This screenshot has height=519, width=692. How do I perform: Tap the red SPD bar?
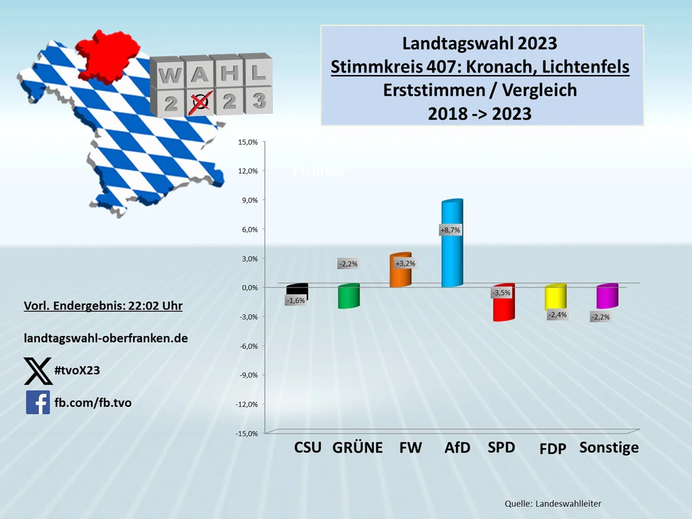[x=503, y=307]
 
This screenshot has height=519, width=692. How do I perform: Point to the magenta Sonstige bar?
[x=607, y=297]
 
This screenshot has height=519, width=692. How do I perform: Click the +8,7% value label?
[x=450, y=230]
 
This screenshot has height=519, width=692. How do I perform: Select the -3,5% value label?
[x=501, y=293]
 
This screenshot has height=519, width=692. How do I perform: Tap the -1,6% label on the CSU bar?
[x=295, y=301]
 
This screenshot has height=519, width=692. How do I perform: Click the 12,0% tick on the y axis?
[x=248, y=171]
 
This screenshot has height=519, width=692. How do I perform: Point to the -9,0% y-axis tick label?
[x=247, y=375]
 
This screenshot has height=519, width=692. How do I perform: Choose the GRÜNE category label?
[x=357, y=447]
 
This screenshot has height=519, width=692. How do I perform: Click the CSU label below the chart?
[x=307, y=447]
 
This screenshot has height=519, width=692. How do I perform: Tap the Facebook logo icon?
[x=38, y=402]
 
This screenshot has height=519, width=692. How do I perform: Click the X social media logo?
[x=38, y=370]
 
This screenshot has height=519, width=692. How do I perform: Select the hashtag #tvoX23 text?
[x=77, y=370]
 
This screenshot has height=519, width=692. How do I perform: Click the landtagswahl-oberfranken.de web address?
[x=105, y=337]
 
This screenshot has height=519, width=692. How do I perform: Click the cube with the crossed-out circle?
[x=199, y=102]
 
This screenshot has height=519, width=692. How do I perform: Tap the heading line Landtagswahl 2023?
[x=480, y=43]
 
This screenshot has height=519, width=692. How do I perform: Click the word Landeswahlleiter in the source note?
[x=568, y=503]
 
